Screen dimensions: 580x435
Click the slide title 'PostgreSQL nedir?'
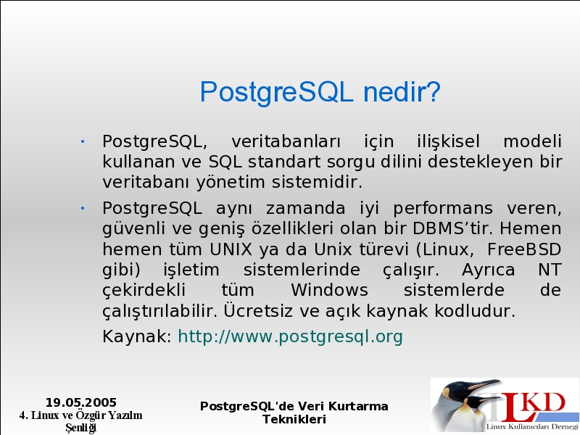(x=320, y=93)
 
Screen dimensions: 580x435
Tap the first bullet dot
(x=83, y=141)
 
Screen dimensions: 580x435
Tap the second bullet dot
(x=83, y=209)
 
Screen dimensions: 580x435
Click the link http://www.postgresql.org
(x=291, y=336)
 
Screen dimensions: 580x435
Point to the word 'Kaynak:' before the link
(x=137, y=336)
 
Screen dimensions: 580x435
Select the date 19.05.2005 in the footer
(x=81, y=402)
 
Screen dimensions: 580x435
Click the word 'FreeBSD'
(x=524, y=249)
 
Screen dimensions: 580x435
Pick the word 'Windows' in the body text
(x=330, y=290)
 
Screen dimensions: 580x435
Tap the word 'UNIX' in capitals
(x=231, y=249)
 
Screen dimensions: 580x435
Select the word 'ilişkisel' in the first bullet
(x=449, y=141)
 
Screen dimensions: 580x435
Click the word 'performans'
(x=443, y=209)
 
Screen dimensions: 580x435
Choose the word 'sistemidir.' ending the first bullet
(x=317, y=182)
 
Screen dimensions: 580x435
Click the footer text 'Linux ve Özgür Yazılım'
(x=86, y=415)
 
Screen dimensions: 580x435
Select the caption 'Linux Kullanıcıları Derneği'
(x=532, y=426)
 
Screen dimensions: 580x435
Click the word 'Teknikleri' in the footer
(x=294, y=420)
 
